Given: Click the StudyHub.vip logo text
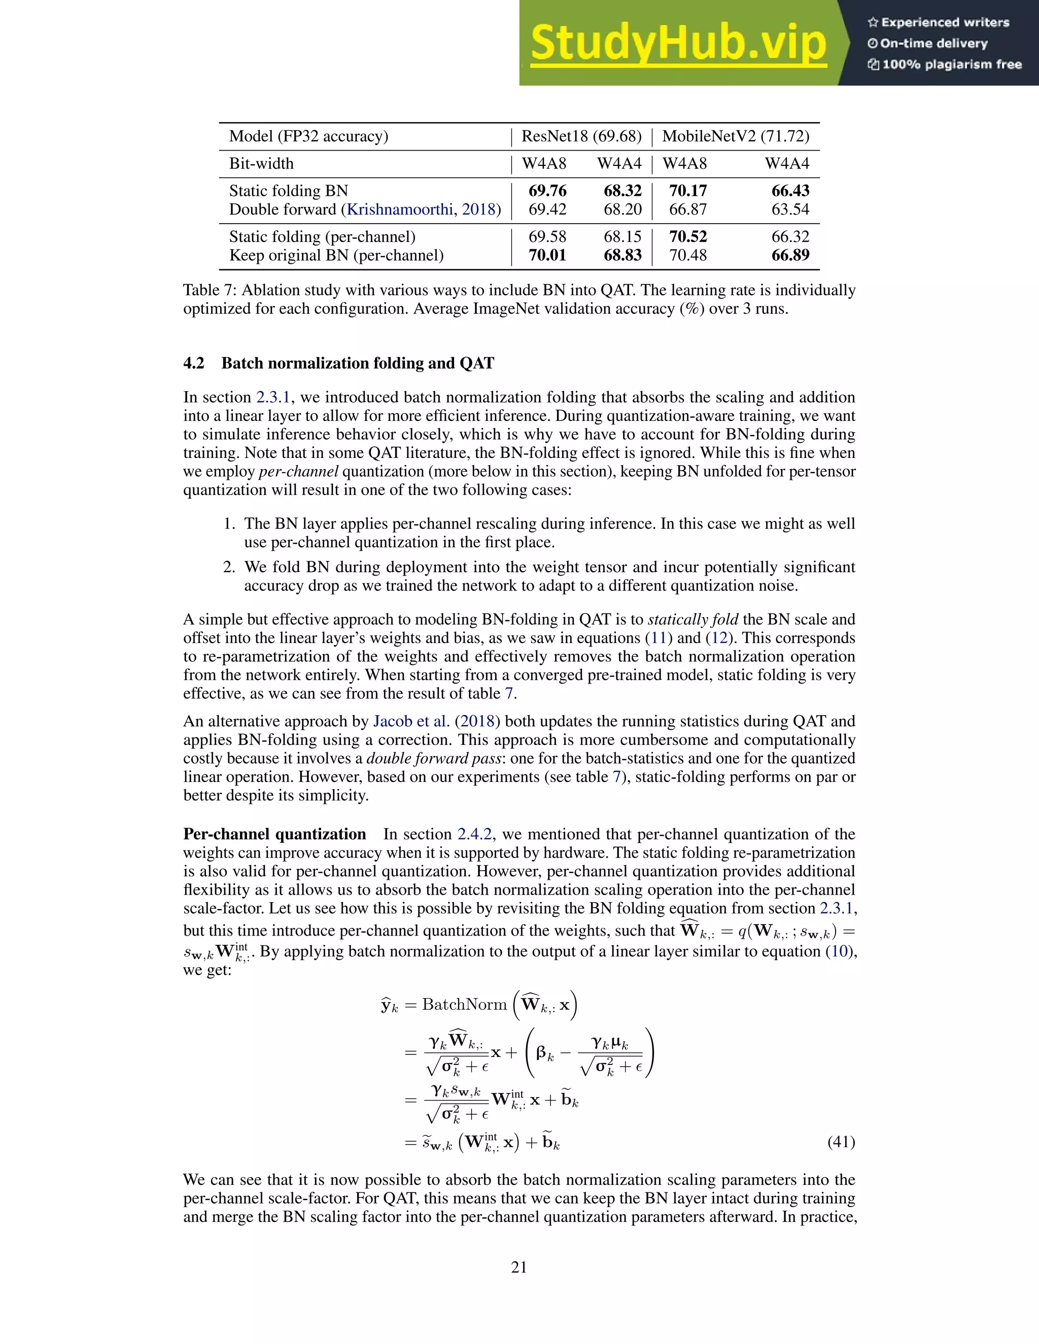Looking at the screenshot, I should pos(678,43).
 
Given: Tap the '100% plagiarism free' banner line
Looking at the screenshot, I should pos(945,64).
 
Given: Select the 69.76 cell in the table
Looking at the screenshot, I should pos(547,191).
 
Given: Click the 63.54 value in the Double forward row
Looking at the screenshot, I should pos(790,209).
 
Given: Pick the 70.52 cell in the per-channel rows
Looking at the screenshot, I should pos(687,237).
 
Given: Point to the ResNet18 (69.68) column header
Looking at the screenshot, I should pos(581,136).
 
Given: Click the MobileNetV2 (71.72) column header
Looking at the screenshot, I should pos(736,136).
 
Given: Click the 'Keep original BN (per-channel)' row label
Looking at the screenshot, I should pos(336,256).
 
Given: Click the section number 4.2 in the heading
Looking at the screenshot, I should pos(193,363).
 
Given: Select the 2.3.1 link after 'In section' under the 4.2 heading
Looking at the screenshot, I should pos(272,398).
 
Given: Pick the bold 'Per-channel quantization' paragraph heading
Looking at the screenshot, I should pos(274,834).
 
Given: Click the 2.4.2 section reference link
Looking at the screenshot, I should pos(474,834).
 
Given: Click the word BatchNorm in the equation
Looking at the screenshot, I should pos(464,1004).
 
